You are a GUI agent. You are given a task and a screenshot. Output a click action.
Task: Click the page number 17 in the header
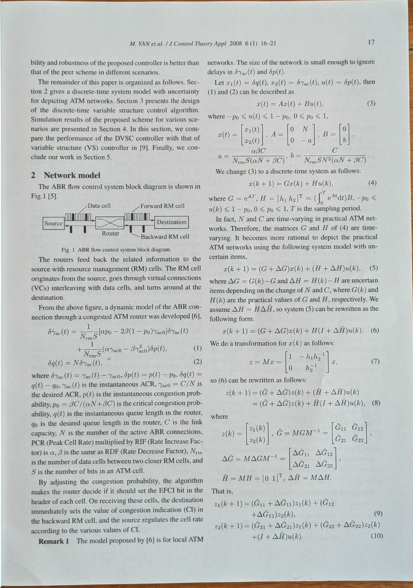371,42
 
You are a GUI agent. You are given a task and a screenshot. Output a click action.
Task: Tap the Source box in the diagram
54,223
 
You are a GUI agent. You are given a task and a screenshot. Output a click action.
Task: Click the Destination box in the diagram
172,222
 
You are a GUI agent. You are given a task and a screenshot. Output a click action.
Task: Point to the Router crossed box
110,223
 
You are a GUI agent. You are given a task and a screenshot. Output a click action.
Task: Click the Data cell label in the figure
99,206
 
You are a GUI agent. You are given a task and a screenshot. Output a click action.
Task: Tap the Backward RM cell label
165,236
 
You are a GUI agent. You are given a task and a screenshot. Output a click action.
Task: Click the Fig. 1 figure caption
116,250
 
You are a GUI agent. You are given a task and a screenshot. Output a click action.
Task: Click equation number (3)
371,103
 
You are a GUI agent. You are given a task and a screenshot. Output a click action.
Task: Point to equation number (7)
375,361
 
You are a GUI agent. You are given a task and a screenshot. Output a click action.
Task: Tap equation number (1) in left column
197,348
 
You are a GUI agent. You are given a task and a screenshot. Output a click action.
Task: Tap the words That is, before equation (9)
220,491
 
